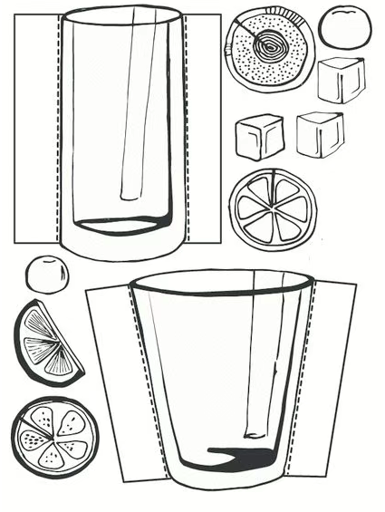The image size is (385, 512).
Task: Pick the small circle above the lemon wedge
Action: click(45, 274)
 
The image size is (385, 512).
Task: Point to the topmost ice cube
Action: click(340, 80)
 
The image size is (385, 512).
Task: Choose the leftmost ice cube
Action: click(259, 136)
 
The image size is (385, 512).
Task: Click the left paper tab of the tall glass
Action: click(36, 127)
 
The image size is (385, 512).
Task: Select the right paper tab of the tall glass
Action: click(203, 127)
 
